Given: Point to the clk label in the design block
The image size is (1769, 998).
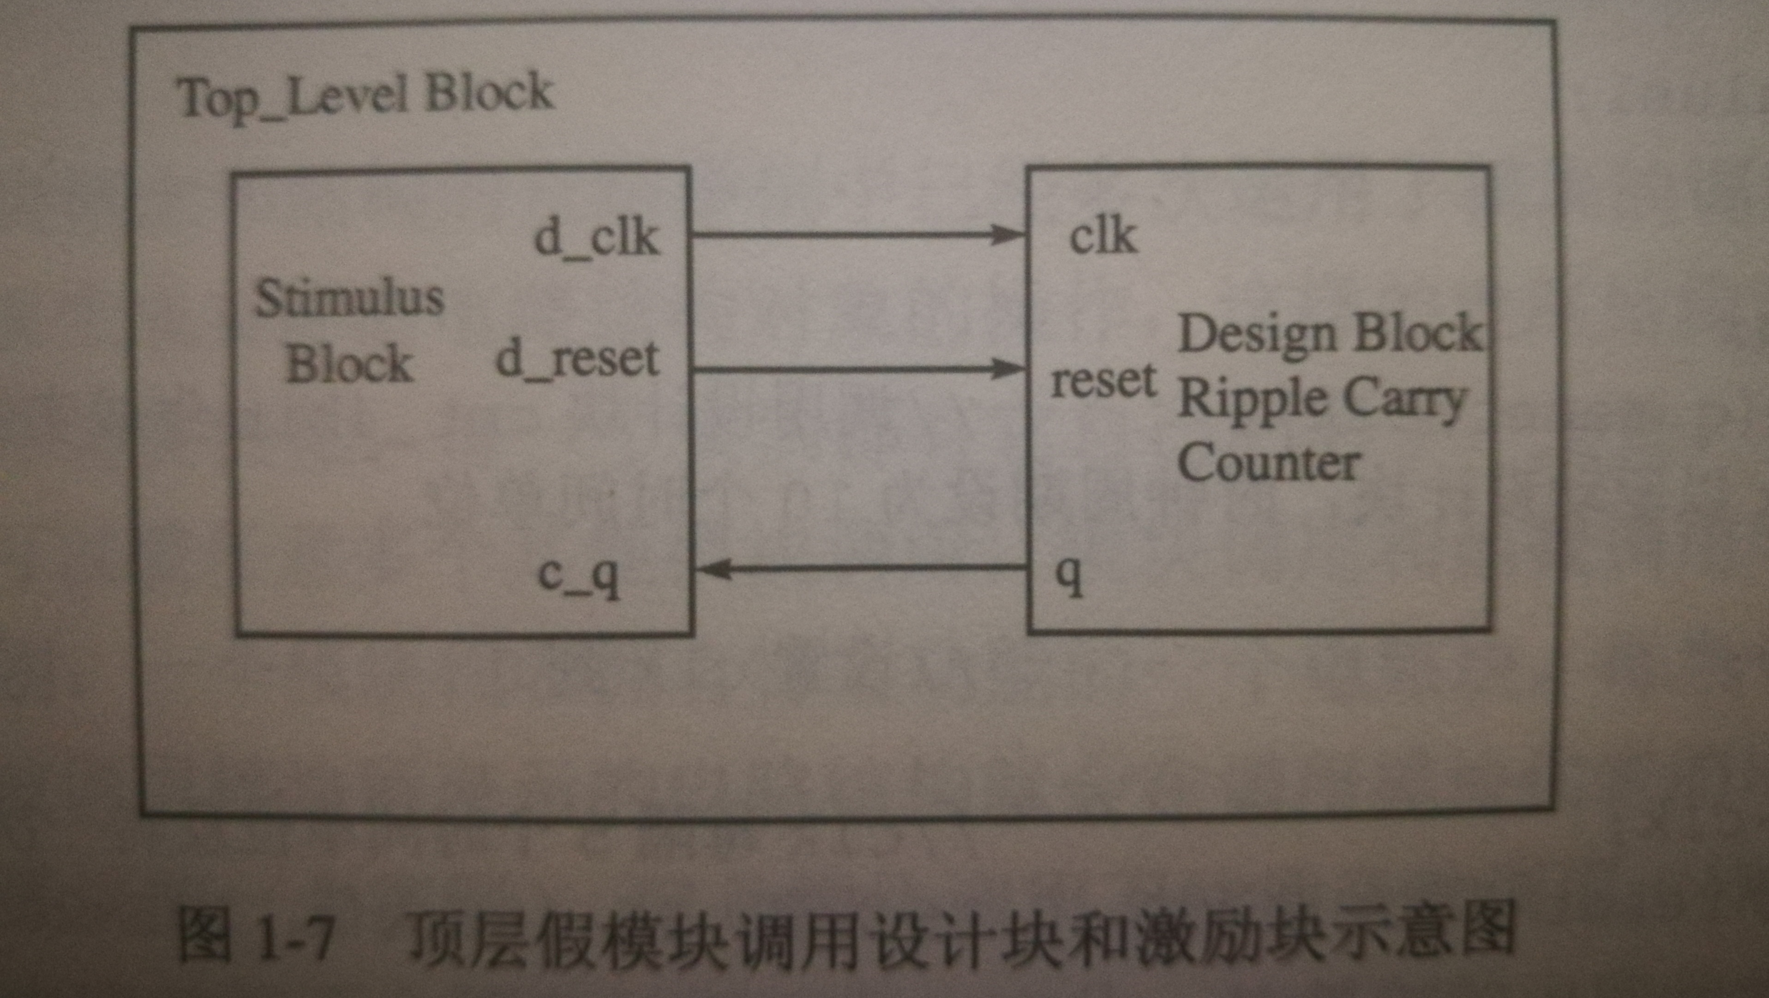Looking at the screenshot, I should [1103, 237].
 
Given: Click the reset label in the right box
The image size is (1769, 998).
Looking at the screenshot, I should [1103, 380].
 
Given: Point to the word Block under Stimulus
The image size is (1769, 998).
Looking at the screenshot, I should [349, 364].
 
